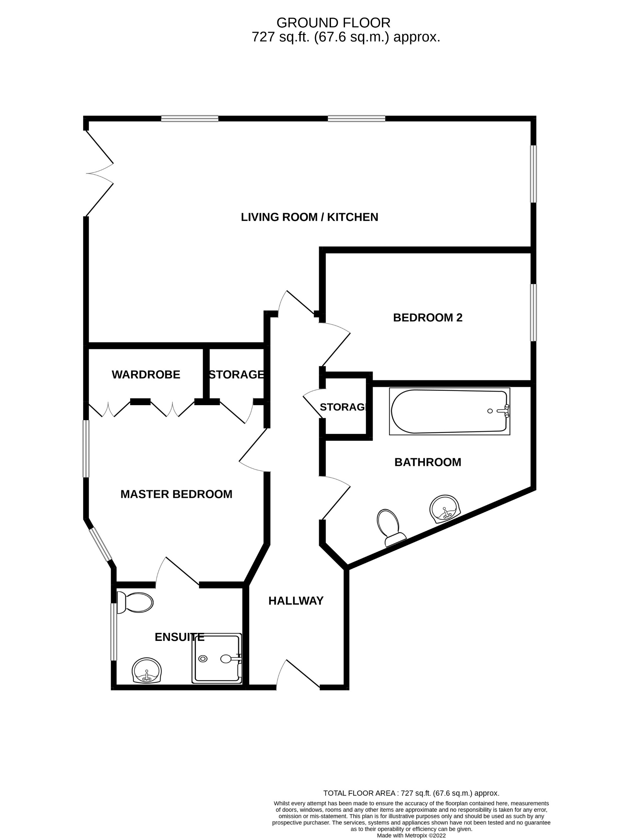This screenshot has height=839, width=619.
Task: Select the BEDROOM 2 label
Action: click(x=428, y=318)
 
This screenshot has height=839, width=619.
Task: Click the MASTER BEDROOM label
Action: click(x=176, y=494)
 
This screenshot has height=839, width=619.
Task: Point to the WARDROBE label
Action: click(x=146, y=375)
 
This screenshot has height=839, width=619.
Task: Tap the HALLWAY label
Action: click(x=296, y=601)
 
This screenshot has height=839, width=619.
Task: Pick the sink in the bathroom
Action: click(x=445, y=509)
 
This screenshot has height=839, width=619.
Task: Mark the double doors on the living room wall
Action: click(x=100, y=173)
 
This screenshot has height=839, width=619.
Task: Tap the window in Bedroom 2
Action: click(x=533, y=313)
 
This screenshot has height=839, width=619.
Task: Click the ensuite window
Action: click(x=114, y=632)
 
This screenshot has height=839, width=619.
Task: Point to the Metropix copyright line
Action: click(x=411, y=835)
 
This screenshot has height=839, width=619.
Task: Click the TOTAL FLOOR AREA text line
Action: click(x=411, y=793)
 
